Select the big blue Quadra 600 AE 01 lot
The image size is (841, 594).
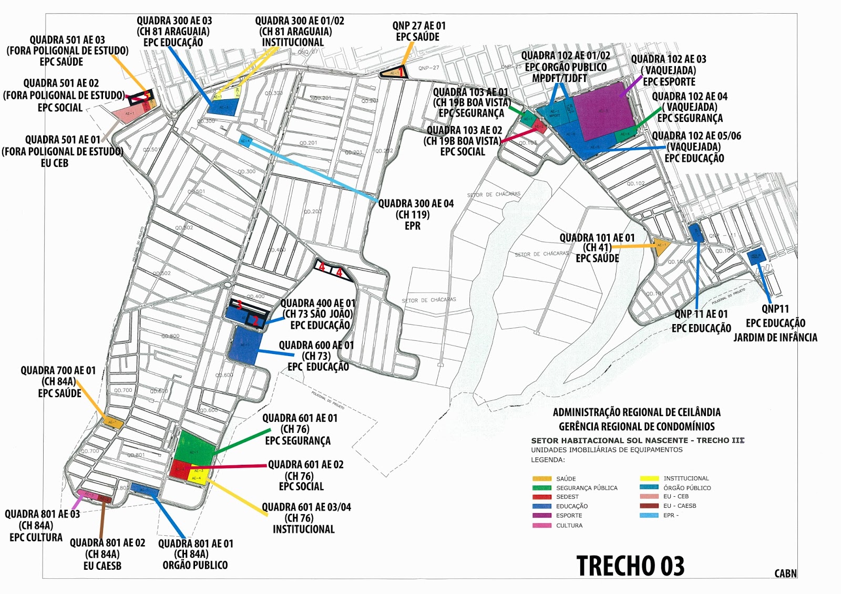[x=245, y=345]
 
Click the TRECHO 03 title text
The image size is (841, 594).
[x=630, y=566]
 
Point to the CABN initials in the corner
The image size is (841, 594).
[x=785, y=574]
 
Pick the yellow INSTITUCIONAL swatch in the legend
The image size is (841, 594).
[x=649, y=478]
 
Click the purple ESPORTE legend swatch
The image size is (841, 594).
[x=542, y=516]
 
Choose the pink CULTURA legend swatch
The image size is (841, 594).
[x=542, y=525]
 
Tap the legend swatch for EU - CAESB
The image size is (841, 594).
[x=649, y=506]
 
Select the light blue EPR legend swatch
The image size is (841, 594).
[x=649, y=515]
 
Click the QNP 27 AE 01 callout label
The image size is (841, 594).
[x=418, y=31]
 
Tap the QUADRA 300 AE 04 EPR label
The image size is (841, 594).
[x=415, y=214]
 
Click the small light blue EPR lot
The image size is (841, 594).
[x=245, y=140]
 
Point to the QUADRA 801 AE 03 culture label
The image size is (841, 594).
[x=42, y=525]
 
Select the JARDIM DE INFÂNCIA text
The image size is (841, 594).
[x=775, y=337]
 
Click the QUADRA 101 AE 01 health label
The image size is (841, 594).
[x=597, y=248]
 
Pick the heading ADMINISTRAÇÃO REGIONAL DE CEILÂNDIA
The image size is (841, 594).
[x=637, y=412]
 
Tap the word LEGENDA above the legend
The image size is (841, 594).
[x=548, y=460]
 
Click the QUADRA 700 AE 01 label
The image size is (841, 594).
[x=58, y=382]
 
